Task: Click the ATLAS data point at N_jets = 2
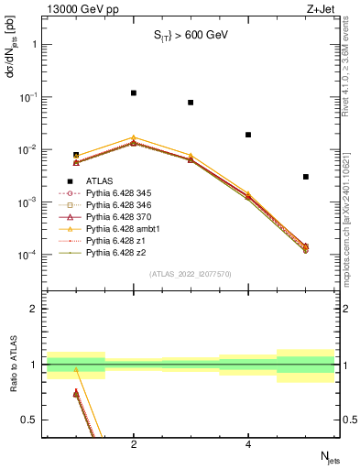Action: [134, 93]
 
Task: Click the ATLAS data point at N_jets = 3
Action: [191, 103]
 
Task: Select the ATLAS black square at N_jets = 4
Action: [248, 135]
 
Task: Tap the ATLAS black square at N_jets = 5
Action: [306, 177]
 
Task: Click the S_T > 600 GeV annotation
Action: [191, 36]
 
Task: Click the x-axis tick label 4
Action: [248, 445]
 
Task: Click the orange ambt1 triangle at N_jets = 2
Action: [134, 137]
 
